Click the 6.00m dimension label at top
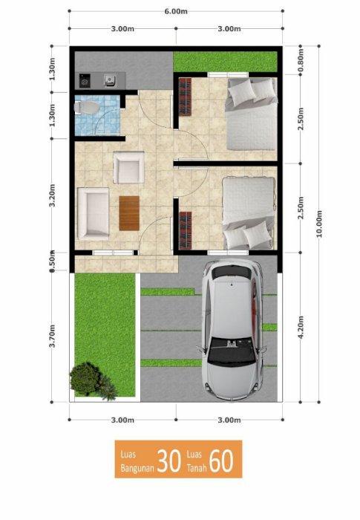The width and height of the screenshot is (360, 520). click(176, 11)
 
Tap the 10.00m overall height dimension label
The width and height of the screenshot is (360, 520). click(319, 224)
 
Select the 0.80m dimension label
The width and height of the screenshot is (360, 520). click(301, 60)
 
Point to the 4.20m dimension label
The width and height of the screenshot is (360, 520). click(301, 328)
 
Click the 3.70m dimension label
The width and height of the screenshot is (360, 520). click(52, 336)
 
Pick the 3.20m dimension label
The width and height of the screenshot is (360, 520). click(52, 195)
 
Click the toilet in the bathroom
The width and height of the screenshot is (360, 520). click(86, 108)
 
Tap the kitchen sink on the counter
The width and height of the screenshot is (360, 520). click(109, 80)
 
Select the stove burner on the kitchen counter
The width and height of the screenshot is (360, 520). click(85, 80)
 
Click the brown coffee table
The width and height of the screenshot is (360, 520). click(129, 213)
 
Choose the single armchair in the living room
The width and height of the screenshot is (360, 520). click(128, 167)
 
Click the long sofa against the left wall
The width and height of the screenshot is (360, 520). click(93, 214)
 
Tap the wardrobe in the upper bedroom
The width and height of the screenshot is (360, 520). click(186, 97)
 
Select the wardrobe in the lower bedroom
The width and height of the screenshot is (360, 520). click(186, 230)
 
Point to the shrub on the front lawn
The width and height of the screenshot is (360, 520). click(91, 380)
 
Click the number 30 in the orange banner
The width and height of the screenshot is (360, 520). click(169, 461)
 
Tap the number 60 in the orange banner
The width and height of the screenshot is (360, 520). click(221, 461)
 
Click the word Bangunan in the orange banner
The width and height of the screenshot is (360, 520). click(137, 468)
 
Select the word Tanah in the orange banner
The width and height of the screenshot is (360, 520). click(197, 468)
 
